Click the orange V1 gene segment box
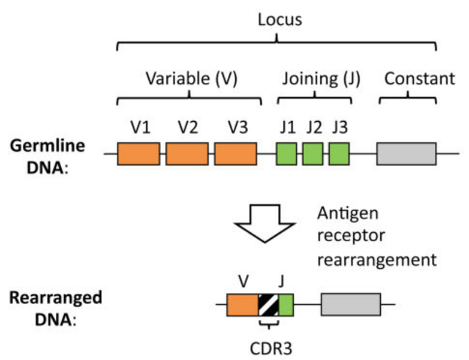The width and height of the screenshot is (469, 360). coord(138,154)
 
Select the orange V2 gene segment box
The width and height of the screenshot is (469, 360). coord(187,154)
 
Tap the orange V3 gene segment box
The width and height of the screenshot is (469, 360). coord(235,154)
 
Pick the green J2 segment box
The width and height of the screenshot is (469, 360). coord(312,154)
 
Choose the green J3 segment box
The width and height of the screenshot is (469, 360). coord(339,154)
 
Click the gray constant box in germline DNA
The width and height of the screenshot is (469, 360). coord(406,154)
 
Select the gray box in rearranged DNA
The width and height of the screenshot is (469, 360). coord(351,305)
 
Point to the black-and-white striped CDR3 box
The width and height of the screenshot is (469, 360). coord(269,305)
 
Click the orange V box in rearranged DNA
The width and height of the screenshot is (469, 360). coord(242,305)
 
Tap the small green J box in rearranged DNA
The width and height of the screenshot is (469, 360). coord(286,305)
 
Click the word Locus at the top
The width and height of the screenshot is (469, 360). coord(279,19)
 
